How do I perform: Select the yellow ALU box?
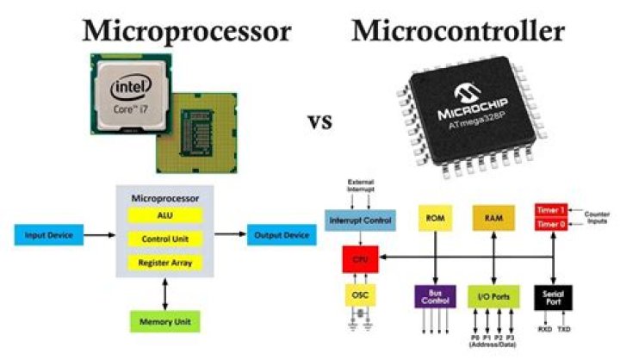(x=164, y=214)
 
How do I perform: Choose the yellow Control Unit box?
(x=164, y=238)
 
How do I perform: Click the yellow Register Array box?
(x=164, y=262)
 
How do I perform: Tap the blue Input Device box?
(x=48, y=234)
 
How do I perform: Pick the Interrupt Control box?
(x=360, y=220)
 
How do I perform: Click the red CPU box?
(x=360, y=257)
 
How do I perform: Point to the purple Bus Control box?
(x=434, y=297)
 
